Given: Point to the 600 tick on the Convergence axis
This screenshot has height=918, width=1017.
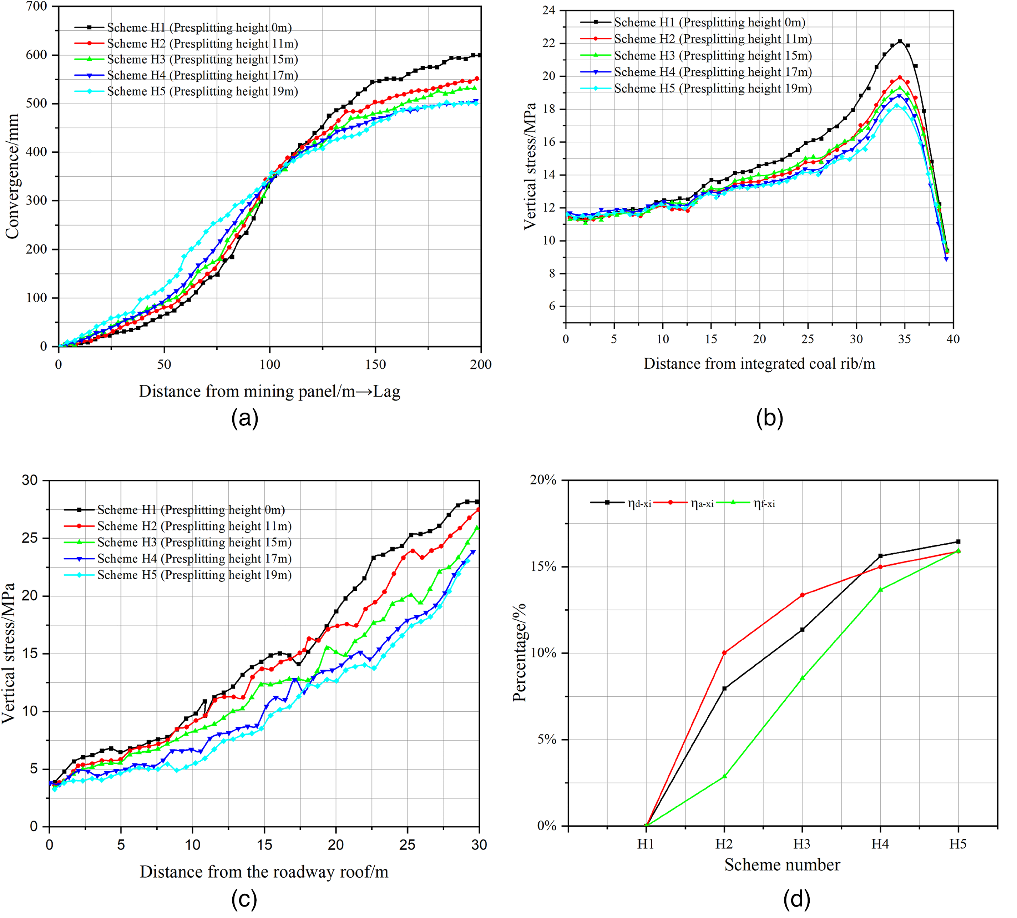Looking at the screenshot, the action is [36, 55].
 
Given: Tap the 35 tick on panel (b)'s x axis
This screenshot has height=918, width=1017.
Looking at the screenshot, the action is [905, 339].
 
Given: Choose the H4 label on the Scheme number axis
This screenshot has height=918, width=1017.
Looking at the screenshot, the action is [880, 844].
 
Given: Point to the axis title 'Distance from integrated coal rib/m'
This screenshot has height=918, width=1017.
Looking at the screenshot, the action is [759, 364].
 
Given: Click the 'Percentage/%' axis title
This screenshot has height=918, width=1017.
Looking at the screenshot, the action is [519, 652].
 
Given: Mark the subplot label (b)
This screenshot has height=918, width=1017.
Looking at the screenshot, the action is [769, 418].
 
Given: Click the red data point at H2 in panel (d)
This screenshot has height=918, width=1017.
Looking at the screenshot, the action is [724, 653].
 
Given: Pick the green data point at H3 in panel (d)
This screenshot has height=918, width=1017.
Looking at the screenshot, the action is [802, 678].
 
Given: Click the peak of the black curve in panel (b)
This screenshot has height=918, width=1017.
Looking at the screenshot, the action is [900, 41].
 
